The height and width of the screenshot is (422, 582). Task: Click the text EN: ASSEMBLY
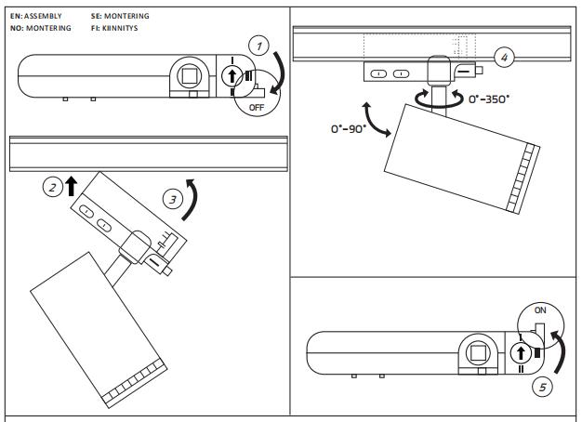[36, 17]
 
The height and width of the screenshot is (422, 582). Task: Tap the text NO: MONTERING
[40, 29]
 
